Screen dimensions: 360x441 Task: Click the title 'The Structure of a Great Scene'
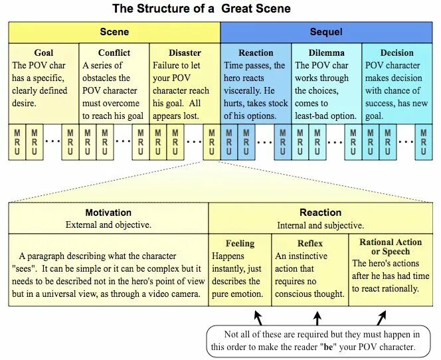click(201, 9)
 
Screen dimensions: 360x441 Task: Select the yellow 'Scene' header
click(114, 32)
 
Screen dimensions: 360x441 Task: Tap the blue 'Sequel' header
click(326, 32)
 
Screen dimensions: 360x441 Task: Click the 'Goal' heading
click(44, 52)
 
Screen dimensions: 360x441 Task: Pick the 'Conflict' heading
click(114, 52)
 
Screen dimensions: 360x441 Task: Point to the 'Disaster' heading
click(185, 52)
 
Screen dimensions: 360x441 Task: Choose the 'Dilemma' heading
click(326, 52)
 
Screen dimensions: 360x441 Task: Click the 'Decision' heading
click(397, 52)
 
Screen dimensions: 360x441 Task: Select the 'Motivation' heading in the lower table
click(108, 213)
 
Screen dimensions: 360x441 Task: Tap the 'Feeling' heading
click(240, 243)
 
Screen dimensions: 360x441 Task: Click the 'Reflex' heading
click(310, 243)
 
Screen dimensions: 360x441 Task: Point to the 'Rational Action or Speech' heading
click(391, 246)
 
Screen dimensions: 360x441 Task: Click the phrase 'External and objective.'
click(108, 225)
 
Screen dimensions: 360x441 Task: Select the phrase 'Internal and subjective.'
click(321, 225)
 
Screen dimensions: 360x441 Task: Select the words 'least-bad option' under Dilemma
click(325, 116)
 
